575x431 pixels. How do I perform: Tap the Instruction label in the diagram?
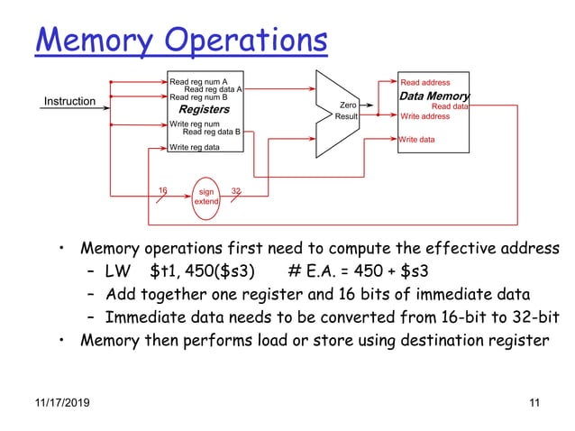tap(70, 101)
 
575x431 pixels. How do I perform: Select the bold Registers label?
tap(205, 109)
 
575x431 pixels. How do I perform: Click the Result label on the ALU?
tap(348, 117)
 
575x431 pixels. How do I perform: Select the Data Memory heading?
tap(434, 96)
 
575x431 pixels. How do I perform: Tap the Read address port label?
tap(425, 82)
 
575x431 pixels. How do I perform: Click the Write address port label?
tap(425, 116)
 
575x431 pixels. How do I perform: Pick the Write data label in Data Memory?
tap(417, 140)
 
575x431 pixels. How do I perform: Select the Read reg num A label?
tap(198, 82)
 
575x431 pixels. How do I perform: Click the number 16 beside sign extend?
tap(163, 190)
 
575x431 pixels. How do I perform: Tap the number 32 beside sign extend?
tap(236, 190)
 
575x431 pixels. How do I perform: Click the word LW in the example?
tap(118, 272)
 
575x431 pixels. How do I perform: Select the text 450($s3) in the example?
tap(221, 272)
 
